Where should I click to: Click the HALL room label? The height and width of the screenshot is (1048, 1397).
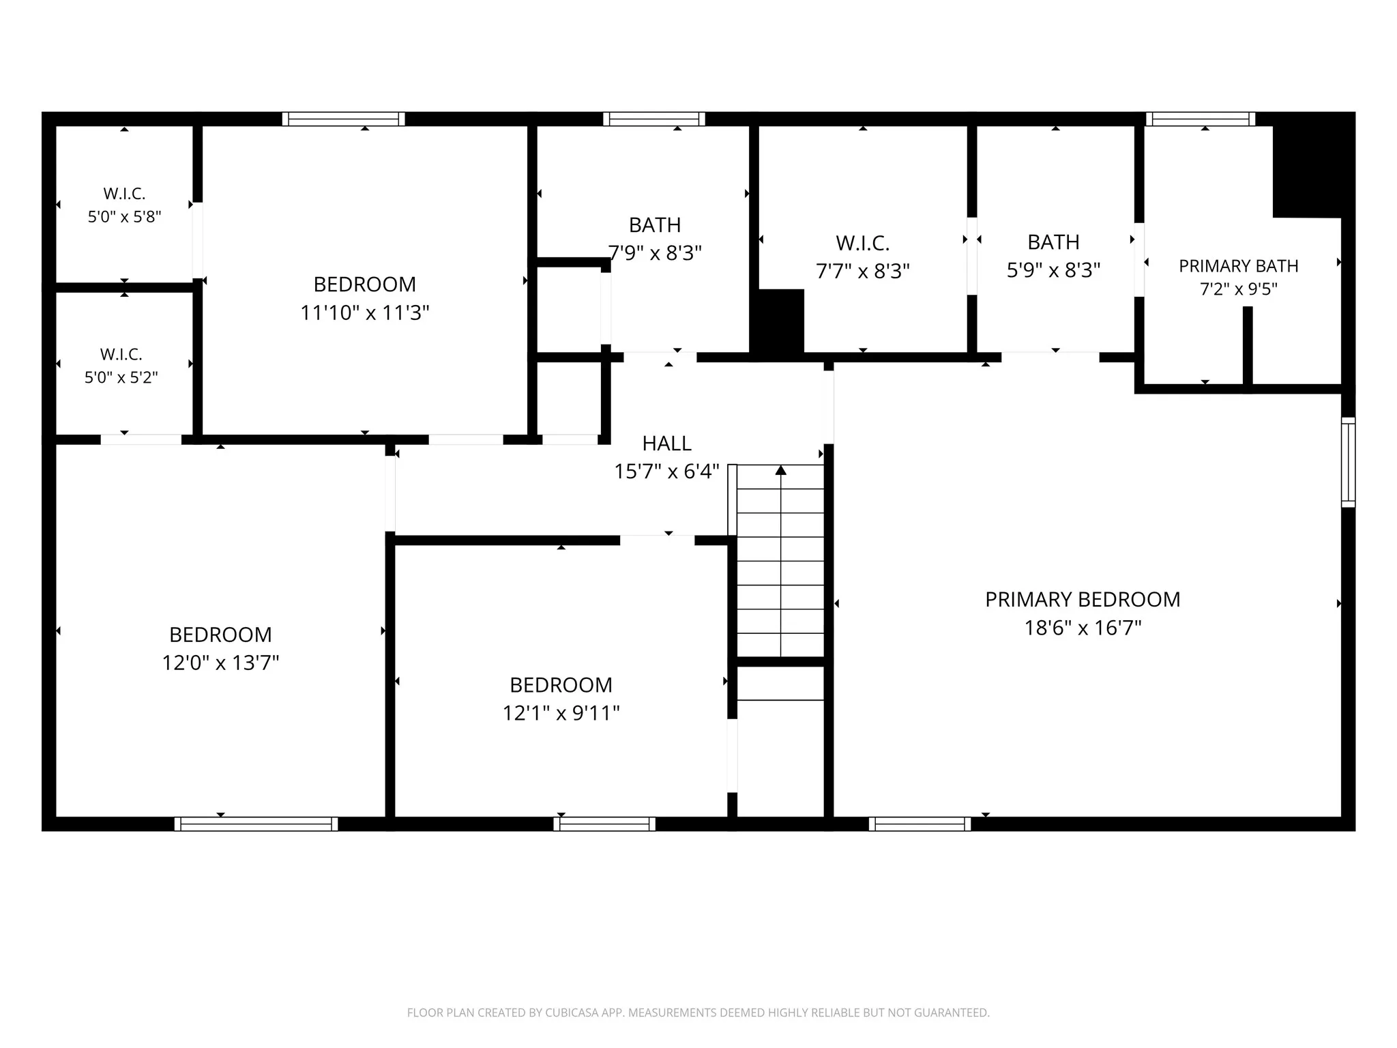(666, 443)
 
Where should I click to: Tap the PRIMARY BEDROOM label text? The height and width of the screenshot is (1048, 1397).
(1083, 599)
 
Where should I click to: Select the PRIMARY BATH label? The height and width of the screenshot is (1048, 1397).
(1239, 266)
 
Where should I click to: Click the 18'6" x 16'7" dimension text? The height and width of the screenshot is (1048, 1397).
(1083, 628)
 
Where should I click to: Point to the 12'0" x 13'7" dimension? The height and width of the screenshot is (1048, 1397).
(220, 663)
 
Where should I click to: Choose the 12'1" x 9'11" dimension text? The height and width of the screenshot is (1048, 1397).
(561, 713)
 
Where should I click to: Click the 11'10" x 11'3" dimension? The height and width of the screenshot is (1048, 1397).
(365, 312)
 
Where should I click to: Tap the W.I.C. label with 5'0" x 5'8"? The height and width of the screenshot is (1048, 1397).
(124, 194)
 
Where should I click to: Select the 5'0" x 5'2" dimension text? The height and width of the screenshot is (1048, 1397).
(121, 377)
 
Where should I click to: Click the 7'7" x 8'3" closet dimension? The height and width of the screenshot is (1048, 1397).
(863, 272)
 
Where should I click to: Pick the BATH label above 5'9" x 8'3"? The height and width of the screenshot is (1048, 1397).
(1053, 242)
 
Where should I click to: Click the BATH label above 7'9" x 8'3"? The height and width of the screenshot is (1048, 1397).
(655, 224)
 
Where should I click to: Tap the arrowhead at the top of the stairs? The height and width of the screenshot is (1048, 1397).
(781, 470)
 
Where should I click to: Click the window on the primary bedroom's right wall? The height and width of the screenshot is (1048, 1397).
(1348, 462)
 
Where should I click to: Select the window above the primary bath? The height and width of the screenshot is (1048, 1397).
(1201, 119)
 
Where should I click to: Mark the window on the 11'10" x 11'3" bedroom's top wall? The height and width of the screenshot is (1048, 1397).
(344, 119)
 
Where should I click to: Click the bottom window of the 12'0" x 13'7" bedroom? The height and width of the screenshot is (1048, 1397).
(256, 824)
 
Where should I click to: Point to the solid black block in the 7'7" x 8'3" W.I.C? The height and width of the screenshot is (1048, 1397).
(778, 321)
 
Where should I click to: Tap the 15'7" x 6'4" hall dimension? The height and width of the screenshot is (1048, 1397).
(666, 471)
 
